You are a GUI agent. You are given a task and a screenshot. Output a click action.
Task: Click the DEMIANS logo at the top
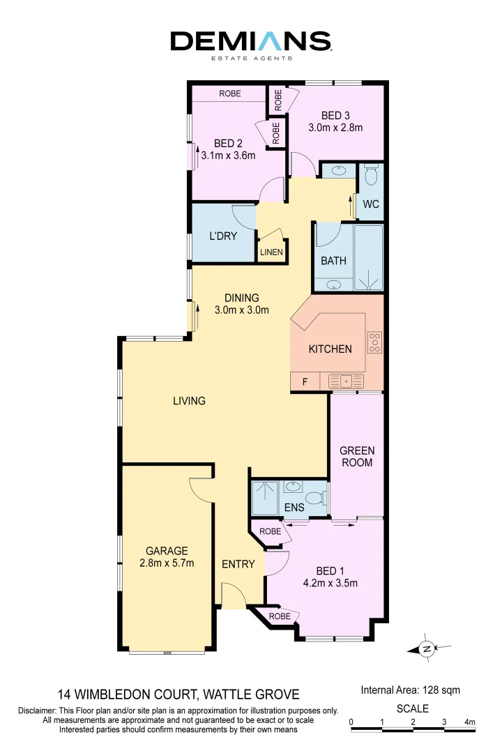point(251,43)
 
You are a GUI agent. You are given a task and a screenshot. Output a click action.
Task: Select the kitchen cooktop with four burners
point(375,343)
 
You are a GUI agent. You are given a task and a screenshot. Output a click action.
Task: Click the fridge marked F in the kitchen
point(304,382)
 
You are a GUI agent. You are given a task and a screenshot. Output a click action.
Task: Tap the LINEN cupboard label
point(272,252)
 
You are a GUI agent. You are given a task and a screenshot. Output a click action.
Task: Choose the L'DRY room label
point(223,236)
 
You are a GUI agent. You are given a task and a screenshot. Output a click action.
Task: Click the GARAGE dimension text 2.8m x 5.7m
point(167,563)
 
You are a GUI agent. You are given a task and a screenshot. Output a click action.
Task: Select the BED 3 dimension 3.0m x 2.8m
point(335,128)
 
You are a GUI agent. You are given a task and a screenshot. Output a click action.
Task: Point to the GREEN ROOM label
point(356,457)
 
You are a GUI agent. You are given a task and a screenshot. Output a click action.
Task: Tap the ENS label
point(294,508)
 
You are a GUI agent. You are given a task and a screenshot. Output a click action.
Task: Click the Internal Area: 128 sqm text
point(411,690)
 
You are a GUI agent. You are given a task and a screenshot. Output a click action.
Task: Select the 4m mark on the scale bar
point(469,722)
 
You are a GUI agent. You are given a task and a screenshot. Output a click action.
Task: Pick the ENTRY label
point(238,564)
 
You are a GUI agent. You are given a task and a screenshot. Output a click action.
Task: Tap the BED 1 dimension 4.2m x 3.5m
point(331,584)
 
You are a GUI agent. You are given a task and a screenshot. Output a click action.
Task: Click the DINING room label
point(241,298)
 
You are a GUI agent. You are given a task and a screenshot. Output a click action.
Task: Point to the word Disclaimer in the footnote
point(39,710)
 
